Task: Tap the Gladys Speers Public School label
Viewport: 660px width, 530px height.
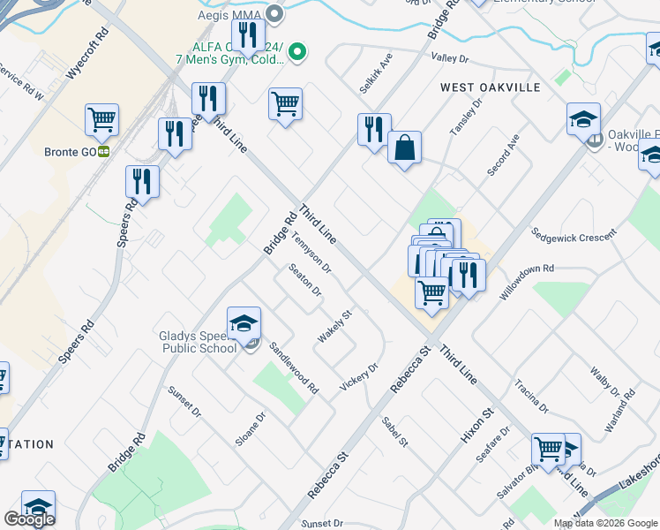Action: point(199,342)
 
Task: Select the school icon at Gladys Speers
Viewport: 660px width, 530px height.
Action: point(244,323)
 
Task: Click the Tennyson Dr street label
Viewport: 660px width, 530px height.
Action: point(311,253)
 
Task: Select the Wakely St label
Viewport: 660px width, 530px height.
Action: point(334,327)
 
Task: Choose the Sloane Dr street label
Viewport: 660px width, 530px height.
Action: point(251,429)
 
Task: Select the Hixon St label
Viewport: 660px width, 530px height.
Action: point(475,426)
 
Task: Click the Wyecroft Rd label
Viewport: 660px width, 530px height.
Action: point(92,53)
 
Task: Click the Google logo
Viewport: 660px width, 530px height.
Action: point(29,519)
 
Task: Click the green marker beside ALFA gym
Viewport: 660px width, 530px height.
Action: point(298,53)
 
